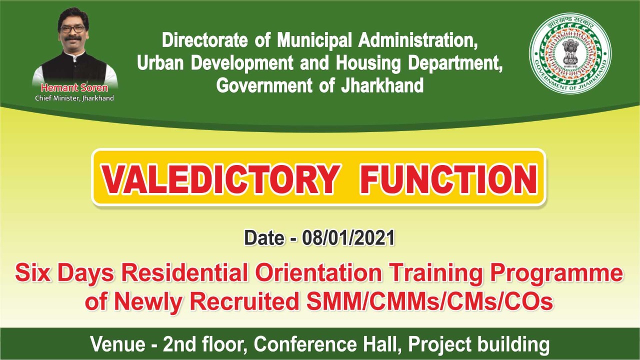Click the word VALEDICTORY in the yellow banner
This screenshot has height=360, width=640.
(x=219, y=179)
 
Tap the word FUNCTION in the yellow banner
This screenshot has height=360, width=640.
(x=449, y=179)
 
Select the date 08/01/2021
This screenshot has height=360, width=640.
(x=348, y=237)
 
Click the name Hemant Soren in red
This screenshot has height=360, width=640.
(x=74, y=87)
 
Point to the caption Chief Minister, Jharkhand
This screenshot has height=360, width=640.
(x=74, y=98)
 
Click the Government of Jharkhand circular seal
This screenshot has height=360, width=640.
(x=570, y=53)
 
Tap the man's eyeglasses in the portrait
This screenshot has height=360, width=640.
(x=73, y=29)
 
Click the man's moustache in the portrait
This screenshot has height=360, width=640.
(x=73, y=38)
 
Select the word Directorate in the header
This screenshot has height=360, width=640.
(x=205, y=40)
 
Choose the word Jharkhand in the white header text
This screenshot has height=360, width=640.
(x=382, y=85)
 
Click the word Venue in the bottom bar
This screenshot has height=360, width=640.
(x=117, y=344)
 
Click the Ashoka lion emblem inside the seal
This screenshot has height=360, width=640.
(x=570, y=52)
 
